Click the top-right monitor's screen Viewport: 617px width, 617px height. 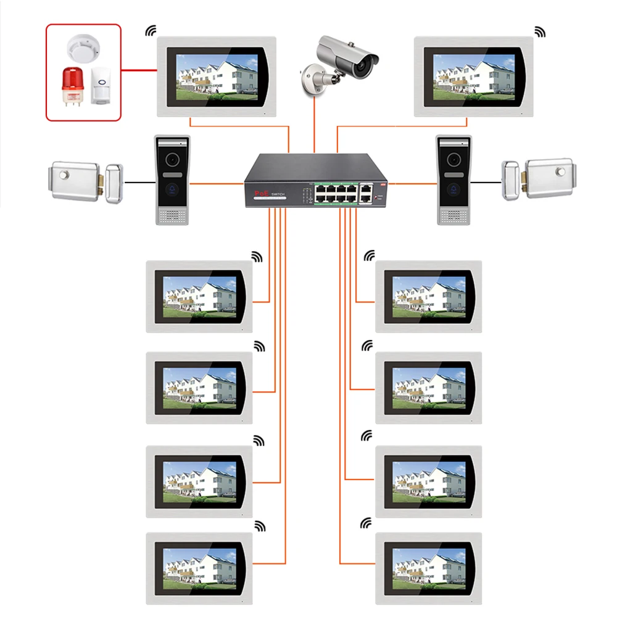[x=473, y=76]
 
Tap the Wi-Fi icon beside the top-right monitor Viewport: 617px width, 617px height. [x=540, y=31]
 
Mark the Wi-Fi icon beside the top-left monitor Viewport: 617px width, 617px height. [x=151, y=31]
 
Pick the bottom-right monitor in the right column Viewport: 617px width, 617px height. [x=429, y=568]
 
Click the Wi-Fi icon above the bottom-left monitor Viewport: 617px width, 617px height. [x=260, y=526]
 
